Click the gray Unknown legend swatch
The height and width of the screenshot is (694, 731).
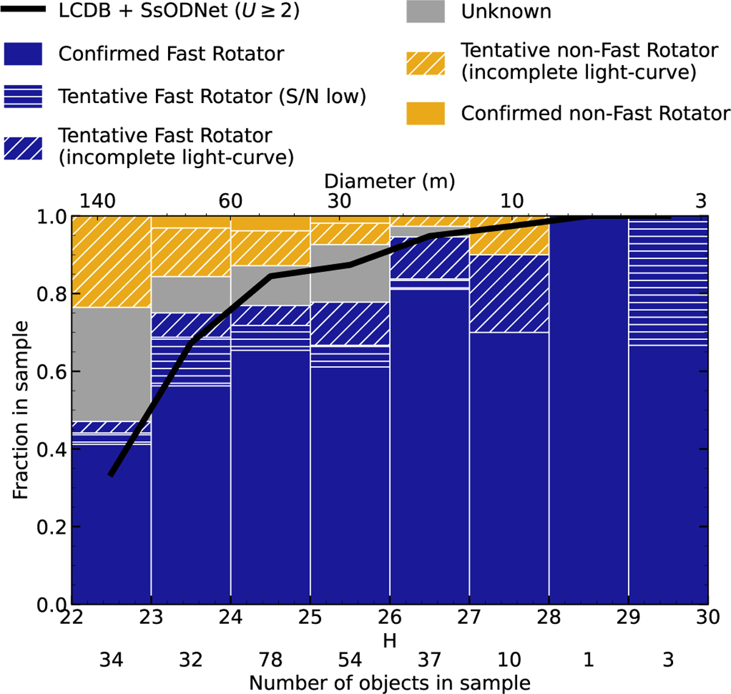point(425,12)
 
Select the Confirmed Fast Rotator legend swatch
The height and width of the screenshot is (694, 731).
point(23,54)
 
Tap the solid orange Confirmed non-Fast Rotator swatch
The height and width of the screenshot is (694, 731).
point(425,113)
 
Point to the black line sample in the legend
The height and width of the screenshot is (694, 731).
point(23,10)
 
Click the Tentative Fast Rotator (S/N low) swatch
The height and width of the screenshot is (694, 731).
point(23,96)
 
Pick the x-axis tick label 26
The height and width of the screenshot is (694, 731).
point(390,617)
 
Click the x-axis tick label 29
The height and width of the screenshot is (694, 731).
point(628,617)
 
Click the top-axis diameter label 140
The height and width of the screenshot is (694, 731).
point(97,201)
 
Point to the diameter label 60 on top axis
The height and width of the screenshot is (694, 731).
point(230,201)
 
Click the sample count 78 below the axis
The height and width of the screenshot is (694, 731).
point(270,659)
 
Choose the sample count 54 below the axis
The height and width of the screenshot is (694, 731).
point(350,659)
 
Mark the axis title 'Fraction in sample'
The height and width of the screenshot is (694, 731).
point(21,410)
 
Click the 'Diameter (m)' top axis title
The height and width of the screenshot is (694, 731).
point(390,181)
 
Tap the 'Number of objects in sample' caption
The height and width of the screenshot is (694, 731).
point(390,682)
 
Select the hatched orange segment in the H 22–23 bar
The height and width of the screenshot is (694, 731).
point(111,262)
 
